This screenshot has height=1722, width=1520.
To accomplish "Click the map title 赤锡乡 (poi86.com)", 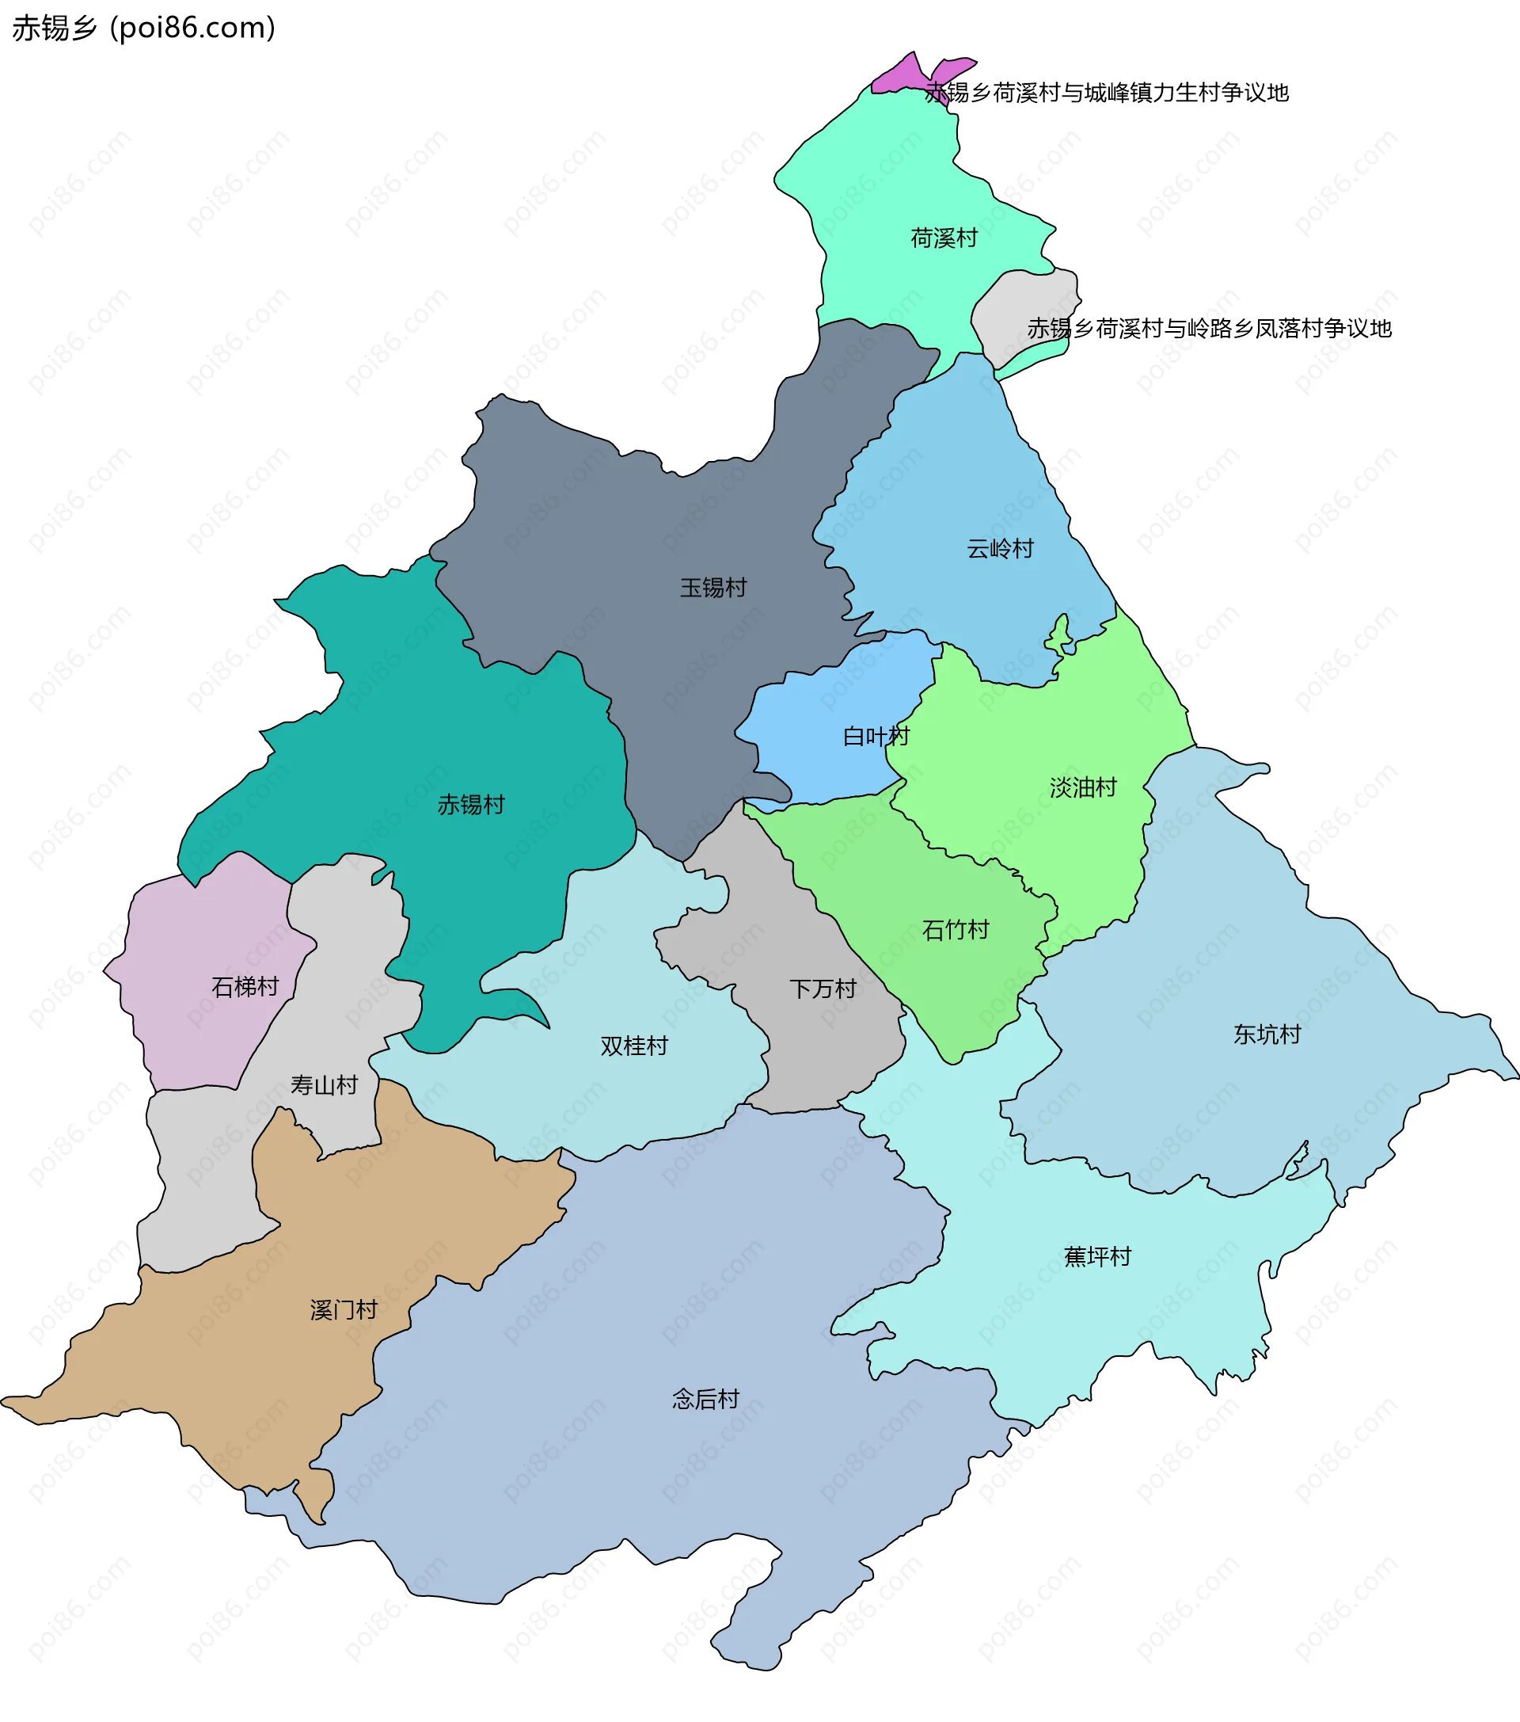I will pos(143,28).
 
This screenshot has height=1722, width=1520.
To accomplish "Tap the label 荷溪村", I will pos(943,238).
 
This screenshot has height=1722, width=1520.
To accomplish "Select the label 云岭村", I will pos(1000,549).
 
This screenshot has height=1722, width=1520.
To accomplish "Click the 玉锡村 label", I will pos(713,588).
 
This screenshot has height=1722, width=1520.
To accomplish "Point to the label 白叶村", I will pos(876,737).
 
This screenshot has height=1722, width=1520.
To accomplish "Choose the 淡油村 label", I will pos(1083,787).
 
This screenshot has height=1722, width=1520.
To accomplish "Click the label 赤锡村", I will pos(471,806).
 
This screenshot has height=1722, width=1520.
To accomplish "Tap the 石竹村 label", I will pos(955,930).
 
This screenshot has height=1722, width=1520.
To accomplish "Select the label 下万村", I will pos(822,989).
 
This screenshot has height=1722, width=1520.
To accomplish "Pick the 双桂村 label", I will pos(633,1046).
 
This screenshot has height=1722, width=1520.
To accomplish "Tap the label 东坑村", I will pos(1267,1034).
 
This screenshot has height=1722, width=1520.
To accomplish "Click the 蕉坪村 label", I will pos(1096,1257).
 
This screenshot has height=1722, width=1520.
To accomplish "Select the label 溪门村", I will pos(343,1310).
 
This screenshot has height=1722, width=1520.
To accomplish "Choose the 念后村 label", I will pos(705,1400).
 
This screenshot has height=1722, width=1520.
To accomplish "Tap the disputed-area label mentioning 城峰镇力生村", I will pos(1107,93).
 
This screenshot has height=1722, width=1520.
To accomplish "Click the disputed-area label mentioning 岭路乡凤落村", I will pos(1208,329).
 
